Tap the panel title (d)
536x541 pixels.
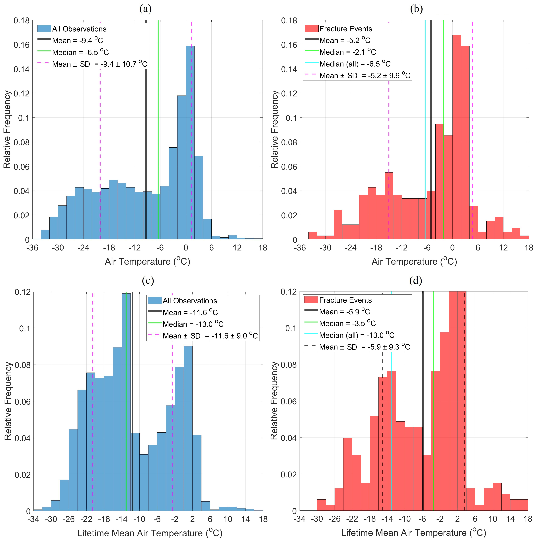tap(416, 280)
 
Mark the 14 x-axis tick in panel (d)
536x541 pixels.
tap(510, 519)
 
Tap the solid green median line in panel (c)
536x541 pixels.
tap(126, 420)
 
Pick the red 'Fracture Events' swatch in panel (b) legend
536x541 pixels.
tap(311, 29)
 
